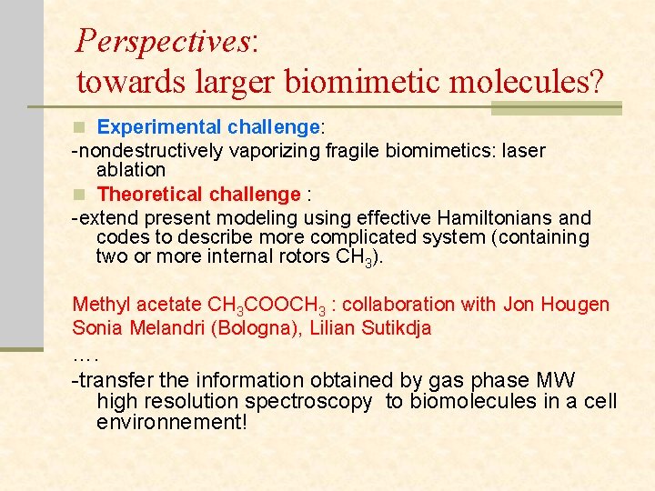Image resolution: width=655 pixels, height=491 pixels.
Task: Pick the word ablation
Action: (x=131, y=170)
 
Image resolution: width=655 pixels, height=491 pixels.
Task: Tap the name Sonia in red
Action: (x=96, y=327)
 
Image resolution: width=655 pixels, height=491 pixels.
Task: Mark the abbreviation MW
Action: (x=556, y=380)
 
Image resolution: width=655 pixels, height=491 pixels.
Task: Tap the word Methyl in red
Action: (x=101, y=305)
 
